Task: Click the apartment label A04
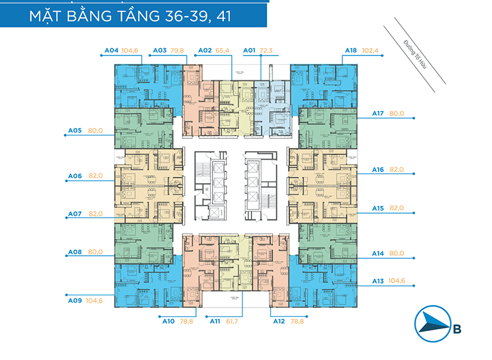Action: (x=111, y=51)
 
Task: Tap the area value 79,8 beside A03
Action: (x=178, y=51)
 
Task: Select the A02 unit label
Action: (x=205, y=51)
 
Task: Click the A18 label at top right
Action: (x=351, y=51)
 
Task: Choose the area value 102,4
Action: (x=372, y=51)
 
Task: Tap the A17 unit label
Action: (x=378, y=113)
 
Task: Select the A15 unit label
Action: (x=378, y=208)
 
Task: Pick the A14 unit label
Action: (x=378, y=253)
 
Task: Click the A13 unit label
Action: (x=378, y=281)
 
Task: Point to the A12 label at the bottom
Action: (x=278, y=321)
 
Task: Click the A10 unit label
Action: (x=168, y=321)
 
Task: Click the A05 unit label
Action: (x=75, y=131)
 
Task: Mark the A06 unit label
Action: (x=75, y=176)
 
